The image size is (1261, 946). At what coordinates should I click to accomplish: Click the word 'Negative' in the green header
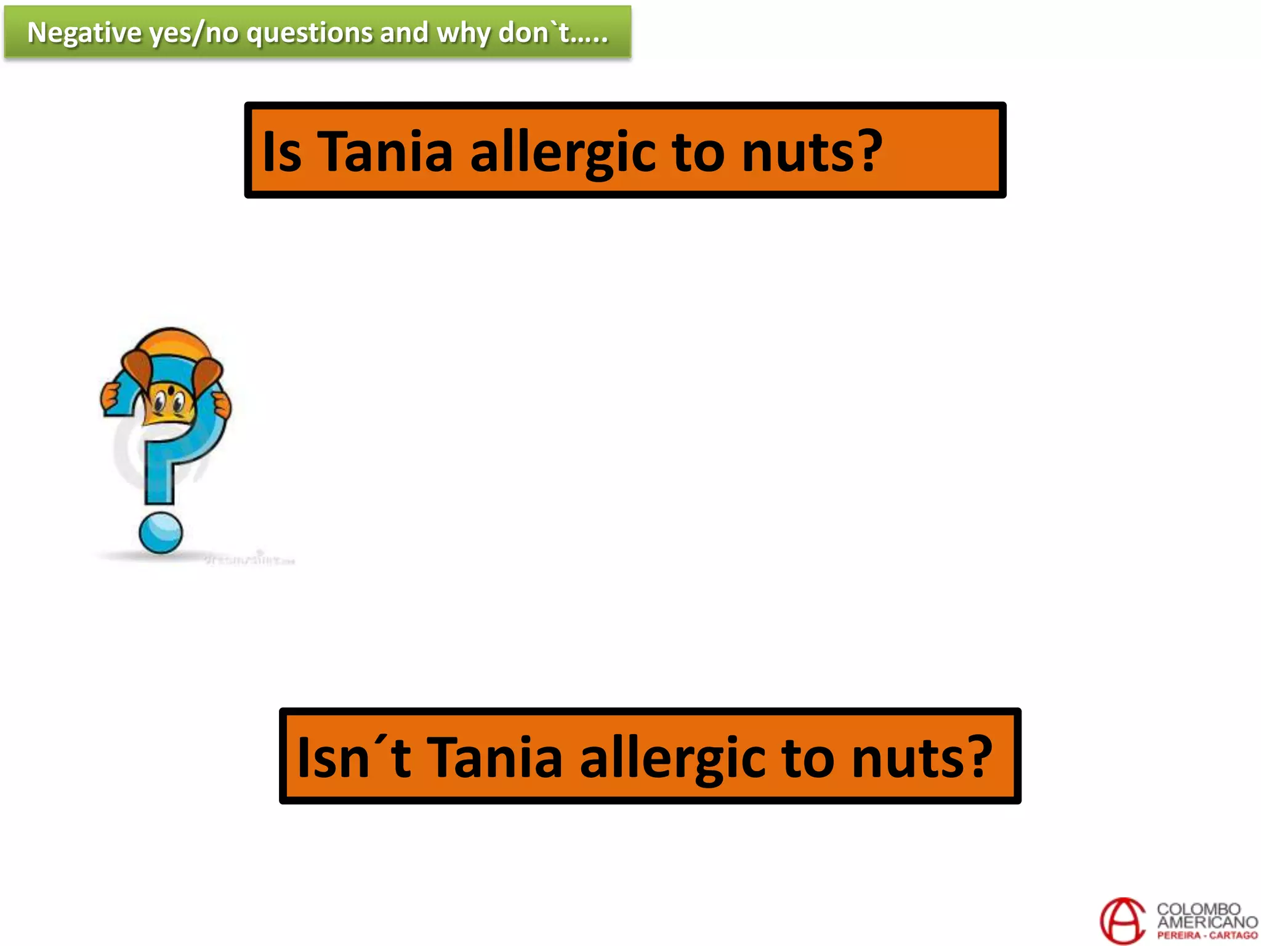[x=84, y=33]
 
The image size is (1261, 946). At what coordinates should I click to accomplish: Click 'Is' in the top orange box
[x=282, y=152]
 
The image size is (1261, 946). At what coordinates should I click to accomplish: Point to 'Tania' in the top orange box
[x=385, y=152]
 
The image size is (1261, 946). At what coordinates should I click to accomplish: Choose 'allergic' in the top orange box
[x=562, y=152]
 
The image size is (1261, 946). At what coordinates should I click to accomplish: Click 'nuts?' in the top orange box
[x=812, y=152]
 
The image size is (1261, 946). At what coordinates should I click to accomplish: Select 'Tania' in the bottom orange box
[x=494, y=757]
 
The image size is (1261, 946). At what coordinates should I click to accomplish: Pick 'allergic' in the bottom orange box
[x=672, y=757]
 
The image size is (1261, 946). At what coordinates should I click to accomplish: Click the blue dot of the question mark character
[x=161, y=533]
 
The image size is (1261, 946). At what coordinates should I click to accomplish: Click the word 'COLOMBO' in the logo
[x=1198, y=909]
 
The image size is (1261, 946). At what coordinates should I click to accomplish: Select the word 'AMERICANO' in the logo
[x=1207, y=922]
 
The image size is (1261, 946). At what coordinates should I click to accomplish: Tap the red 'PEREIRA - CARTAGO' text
[x=1207, y=936]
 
